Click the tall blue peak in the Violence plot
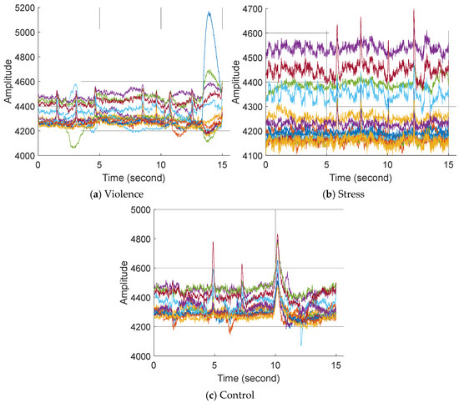[209, 13]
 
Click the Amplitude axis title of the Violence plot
[7, 82]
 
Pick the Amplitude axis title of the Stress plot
[233, 82]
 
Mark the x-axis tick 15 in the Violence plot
[221, 165]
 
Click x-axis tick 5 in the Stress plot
[326, 165]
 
